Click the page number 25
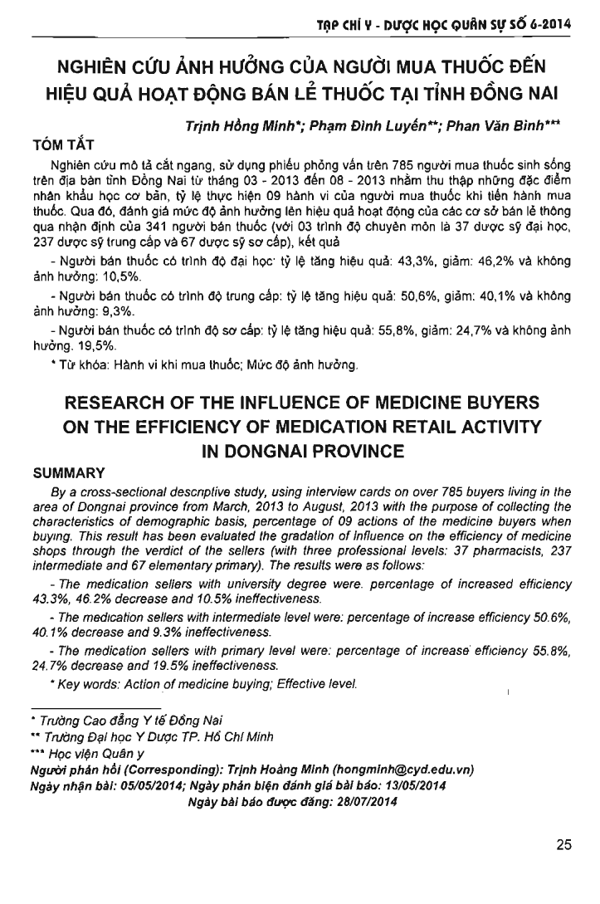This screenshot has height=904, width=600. click(x=563, y=846)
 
